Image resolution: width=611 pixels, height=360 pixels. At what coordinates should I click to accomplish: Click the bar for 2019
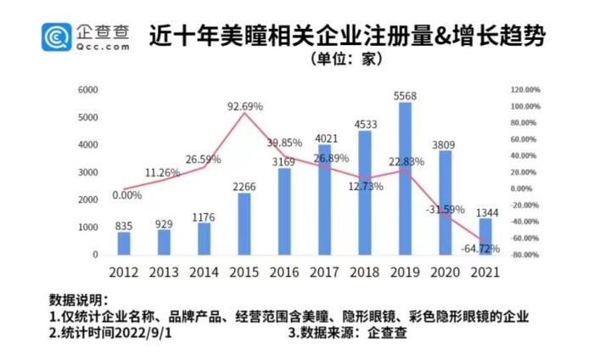406,178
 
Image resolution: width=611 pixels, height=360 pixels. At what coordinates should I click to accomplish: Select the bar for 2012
125,243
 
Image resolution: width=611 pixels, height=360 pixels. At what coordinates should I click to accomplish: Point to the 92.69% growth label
245,106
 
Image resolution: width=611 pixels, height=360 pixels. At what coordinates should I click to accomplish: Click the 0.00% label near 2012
126,195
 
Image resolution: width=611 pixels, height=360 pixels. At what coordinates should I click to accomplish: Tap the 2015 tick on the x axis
244,272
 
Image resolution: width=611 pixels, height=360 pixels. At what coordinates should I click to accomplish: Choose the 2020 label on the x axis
446,272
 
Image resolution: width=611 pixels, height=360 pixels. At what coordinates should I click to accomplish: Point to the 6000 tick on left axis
88,89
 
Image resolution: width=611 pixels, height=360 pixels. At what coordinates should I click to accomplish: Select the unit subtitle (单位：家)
346,59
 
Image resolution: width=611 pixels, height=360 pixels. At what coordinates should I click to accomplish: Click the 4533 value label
366,125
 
